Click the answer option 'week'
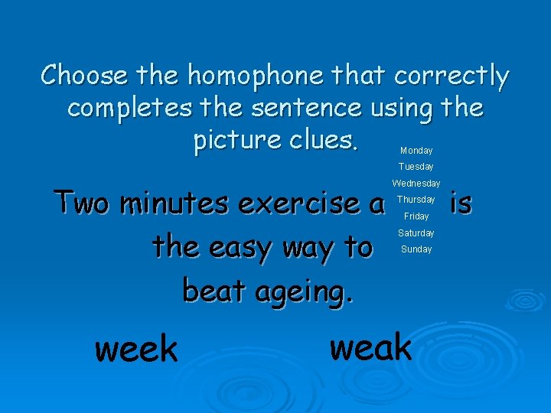tap(136, 350)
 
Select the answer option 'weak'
tap(370, 346)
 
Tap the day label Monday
tap(416, 151)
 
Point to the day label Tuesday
tap(416, 167)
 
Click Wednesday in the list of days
tap(416, 184)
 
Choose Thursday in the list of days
tap(416, 200)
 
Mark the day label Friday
tap(416, 216)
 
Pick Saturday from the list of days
tap(416, 233)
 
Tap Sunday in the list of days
tap(416, 249)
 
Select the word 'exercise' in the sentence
tap(299, 203)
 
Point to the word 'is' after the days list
tap(461, 203)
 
